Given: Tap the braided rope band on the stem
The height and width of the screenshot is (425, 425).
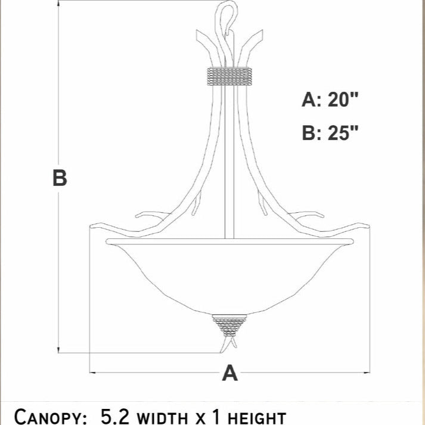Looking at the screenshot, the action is pyautogui.click(x=229, y=76).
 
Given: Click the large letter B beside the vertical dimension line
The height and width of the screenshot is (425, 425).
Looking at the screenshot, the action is pyautogui.click(x=60, y=178).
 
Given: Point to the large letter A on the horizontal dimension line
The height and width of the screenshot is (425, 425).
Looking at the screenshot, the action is pyautogui.click(x=230, y=373).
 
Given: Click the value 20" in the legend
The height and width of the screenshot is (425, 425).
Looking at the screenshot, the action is pyautogui.click(x=343, y=100).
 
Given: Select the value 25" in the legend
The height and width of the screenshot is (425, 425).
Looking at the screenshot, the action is pyautogui.click(x=343, y=133).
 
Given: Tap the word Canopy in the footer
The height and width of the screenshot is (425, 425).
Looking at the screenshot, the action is pyautogui.click(x=50, y=416).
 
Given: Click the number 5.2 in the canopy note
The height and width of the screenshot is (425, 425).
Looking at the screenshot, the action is pyautogui.click(x=115, y=416).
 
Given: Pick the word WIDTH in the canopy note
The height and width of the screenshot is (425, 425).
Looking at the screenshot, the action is pyautogui.click(x=163, y=418).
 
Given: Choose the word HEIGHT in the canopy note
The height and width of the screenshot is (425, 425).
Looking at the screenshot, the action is pyautogui.click(x=257, y=418).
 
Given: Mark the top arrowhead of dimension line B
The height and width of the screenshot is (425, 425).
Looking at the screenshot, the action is pyautogui.click(x=58, y=3).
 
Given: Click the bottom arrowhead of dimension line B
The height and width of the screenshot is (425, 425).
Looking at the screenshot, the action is pyautogui.click(x=58, y=350).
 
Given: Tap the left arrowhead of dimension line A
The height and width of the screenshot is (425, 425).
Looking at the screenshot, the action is pyautogui.click(x=92, y=373).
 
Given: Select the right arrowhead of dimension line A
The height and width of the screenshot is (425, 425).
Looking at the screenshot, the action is pyautogui.click(x=367, y=373).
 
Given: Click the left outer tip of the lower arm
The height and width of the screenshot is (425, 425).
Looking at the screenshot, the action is pyautogui.click(x=91, y=226).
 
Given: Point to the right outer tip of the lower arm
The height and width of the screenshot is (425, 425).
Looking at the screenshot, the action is pyautogui.click(x=368, y=226).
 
